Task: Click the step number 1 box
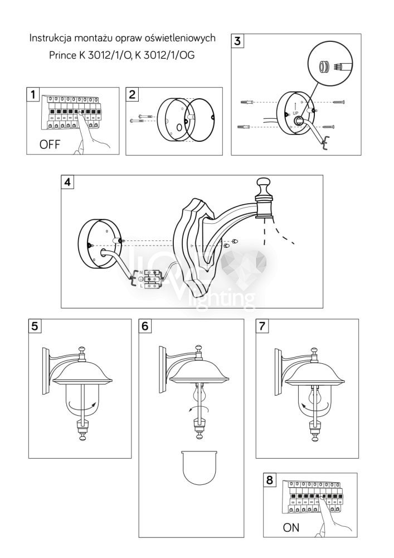point(33,94)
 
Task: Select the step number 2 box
point(132,94)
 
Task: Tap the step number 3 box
point(237,41)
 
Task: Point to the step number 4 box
point(67,182)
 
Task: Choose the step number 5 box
point(35,326)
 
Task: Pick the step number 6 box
point(145,326)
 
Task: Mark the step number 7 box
point(262,326)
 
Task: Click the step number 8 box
point(270,480)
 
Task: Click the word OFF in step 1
point(50,145)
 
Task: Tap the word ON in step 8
point(291,527)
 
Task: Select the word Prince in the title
point(62,55)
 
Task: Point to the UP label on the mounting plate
point(295,113)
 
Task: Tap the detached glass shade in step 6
point(200,468)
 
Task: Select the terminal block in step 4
point(153,279)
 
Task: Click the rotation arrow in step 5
point(84,405)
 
